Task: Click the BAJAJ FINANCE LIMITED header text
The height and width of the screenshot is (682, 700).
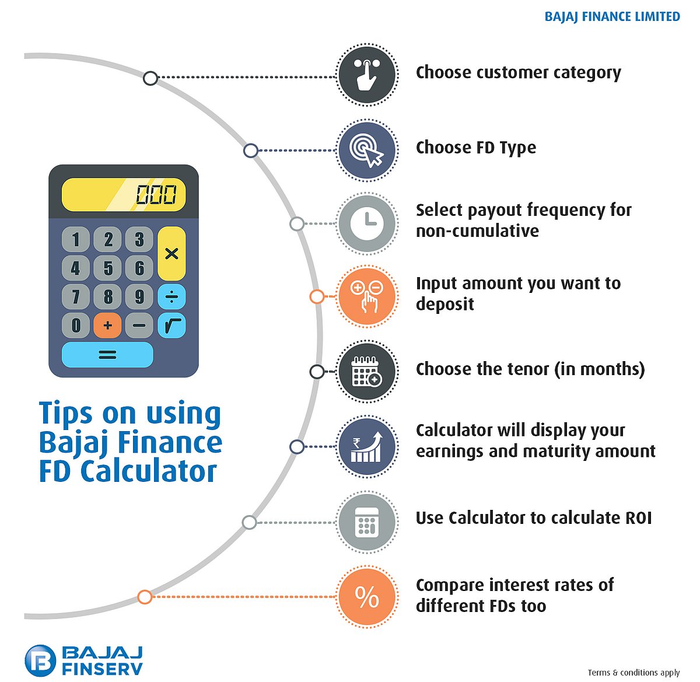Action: tap(612, 17)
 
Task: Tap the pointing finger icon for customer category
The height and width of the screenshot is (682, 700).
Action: tap(367, 75)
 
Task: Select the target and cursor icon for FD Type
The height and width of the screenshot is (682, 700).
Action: tap(367, 150)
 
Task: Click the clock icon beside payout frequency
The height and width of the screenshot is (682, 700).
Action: tap(367, 223)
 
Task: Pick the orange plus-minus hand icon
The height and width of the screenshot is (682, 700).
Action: tap(367, 296)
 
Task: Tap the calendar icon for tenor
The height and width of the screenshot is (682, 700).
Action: tap(367, 372)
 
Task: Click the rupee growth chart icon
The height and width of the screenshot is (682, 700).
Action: tap(367, 447)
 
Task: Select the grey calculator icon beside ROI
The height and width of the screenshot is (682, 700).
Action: tap(367, 522)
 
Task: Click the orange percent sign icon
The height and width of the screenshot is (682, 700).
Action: tap(367, 597)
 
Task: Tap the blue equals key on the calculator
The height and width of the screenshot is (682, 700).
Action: tap(107, 354)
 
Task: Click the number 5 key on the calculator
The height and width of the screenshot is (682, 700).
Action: tap(108, 268)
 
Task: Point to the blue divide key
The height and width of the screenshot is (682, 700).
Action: tap(171, 297)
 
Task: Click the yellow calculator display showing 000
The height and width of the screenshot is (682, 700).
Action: tap(124, 195)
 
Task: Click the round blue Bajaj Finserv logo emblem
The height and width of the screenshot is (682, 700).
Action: tap(40, 661)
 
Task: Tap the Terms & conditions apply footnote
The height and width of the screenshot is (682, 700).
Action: tap(633, 673)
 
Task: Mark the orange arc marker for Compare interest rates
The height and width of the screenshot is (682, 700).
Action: tap(145, 597)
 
